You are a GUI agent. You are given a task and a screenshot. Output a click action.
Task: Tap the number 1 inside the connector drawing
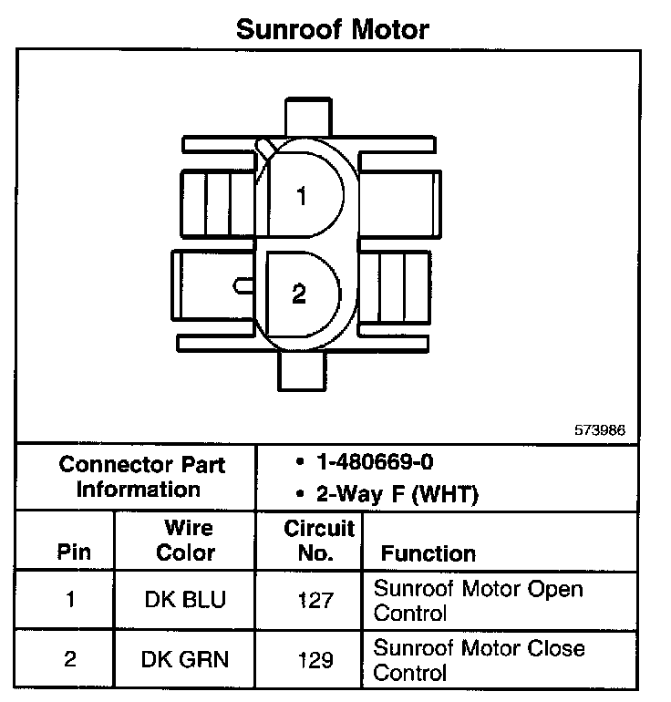coord(301,196)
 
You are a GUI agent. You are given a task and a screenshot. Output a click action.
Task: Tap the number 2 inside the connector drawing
coord(299,294)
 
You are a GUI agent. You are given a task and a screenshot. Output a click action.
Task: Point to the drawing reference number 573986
coord(600,429)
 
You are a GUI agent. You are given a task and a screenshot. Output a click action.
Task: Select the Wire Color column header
coord(185,541)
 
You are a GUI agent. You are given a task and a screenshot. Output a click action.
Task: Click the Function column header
coord(428,553)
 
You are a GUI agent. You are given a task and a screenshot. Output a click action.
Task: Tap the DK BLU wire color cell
coord(185,600)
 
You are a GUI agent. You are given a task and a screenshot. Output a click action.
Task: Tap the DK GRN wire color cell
coord(185,659)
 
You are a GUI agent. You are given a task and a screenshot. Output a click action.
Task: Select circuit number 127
coord(315,600)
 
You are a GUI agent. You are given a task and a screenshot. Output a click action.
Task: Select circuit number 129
coord(315,659)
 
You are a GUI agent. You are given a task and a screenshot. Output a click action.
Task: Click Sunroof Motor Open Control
coord(478,600)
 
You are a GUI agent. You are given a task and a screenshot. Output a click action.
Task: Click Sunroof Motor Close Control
coord(479,660)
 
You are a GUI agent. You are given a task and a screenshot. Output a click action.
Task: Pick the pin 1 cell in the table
coord(69,600)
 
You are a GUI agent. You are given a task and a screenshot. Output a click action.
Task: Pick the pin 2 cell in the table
coord(69,659)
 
